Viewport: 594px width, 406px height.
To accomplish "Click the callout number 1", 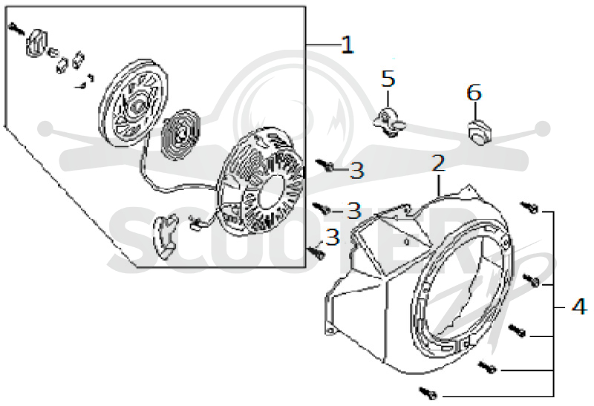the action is [347, 45].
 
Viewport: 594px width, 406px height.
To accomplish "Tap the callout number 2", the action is [438, 163].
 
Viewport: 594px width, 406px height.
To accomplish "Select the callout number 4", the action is [579, 306].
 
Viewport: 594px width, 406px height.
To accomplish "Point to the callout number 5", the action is [388, 79].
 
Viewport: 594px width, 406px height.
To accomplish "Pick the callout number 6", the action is [474, 93].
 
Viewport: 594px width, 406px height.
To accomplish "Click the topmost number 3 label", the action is [356, 170].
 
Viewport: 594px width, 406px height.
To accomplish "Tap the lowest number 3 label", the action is [332, 237].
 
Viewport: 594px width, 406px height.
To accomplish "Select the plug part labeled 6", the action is [479, 133].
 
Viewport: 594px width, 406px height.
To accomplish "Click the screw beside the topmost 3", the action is [324, 165].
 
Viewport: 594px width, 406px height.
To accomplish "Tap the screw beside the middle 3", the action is [322, 208].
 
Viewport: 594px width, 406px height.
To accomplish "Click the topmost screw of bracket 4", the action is [529, 207].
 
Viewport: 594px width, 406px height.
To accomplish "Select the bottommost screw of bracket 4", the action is [428, 393].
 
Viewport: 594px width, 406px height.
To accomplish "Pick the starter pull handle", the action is [165, 236].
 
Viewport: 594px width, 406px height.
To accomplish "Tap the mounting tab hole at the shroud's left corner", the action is [330, 331].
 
